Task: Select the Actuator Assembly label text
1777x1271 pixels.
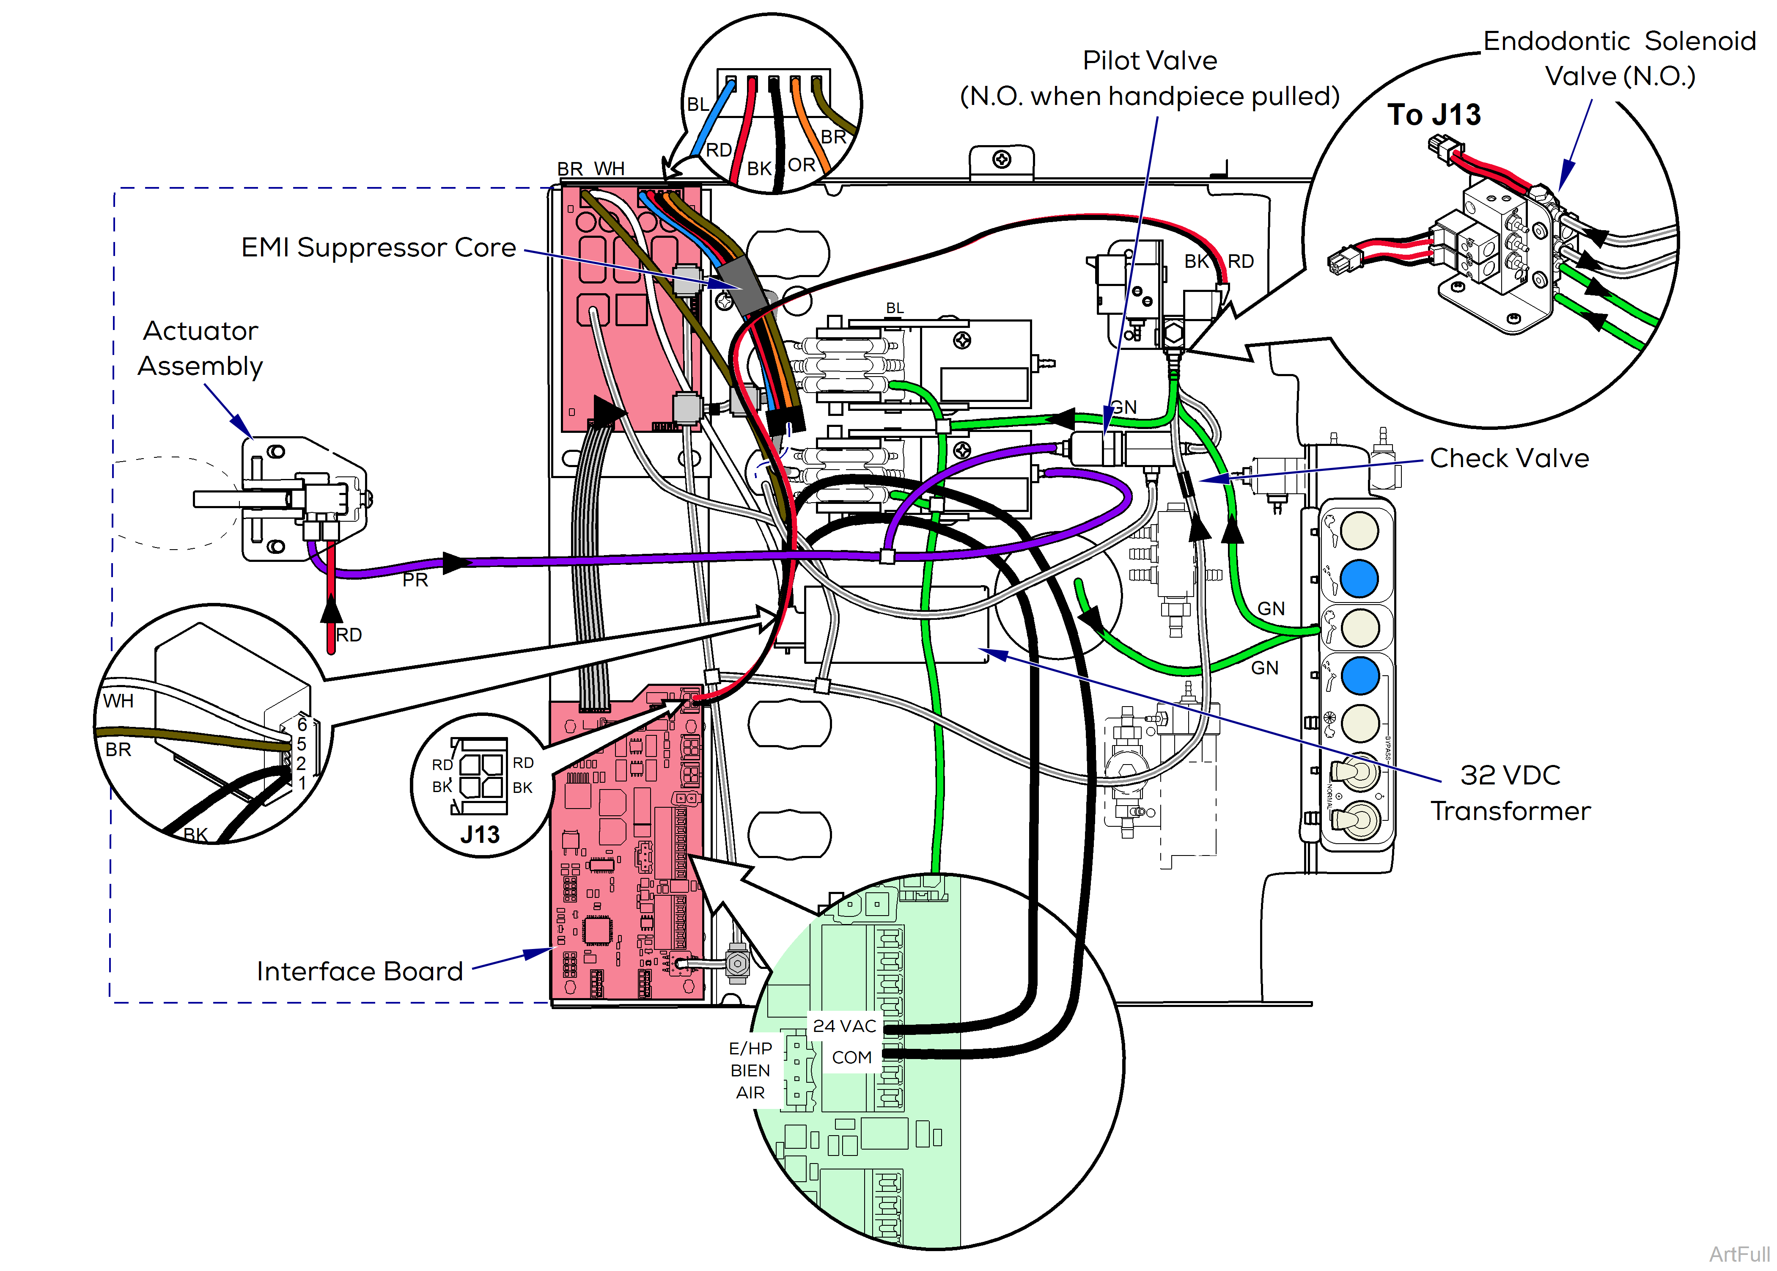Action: pyautogui.click(x=200, y=348)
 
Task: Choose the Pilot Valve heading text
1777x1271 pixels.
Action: pyautogui.click(x=1149, y=61)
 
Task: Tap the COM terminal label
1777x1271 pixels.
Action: pyautogui.click(x=851, y=1057)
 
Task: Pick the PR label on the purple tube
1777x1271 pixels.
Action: pyautogui.click(x=415, y=580)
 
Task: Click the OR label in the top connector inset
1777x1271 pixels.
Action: pyautogui.click(x=801, y=165)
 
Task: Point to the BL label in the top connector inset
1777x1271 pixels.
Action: pyautogui.click(x=697, y=104)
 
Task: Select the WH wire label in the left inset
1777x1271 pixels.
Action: pyautogui.click(x=118, y=701)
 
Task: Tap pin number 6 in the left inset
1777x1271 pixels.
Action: pyautogui.click(x=302, y=725)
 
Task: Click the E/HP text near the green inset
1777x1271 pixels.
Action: pyautogui.click(x=750, y=1048)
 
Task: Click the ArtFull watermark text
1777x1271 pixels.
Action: pyautogui.click(x=1739, y=1254)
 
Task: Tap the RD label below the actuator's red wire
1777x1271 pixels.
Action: pyautogui.click(x=349, y=635)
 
